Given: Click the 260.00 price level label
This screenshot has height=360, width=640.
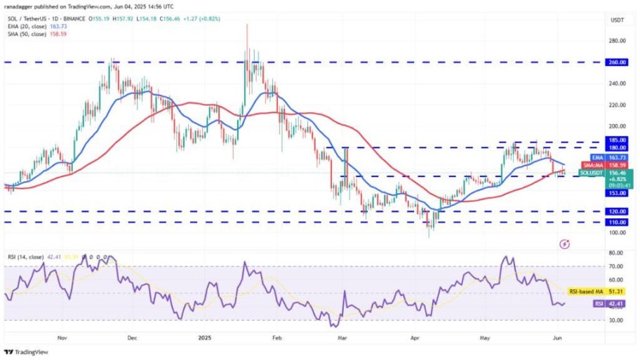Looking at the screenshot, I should pos(618,62).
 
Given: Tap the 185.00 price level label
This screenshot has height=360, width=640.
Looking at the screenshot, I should pos(618,141).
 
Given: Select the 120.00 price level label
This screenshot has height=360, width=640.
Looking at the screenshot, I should pos(618,211).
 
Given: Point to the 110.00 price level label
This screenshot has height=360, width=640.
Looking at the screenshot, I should pos(618,222).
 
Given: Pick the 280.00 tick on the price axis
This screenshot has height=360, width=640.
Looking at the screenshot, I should pos(617,41).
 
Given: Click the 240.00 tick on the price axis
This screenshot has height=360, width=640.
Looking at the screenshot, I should pos(617,84).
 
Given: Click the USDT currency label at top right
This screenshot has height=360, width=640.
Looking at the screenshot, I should pos(617,20).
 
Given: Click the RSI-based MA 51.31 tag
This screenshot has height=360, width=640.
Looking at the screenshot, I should pos(602,291).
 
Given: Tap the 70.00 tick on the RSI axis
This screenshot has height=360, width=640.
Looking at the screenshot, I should pos(617,267).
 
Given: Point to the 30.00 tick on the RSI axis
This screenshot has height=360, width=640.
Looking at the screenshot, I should pos(617,319).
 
